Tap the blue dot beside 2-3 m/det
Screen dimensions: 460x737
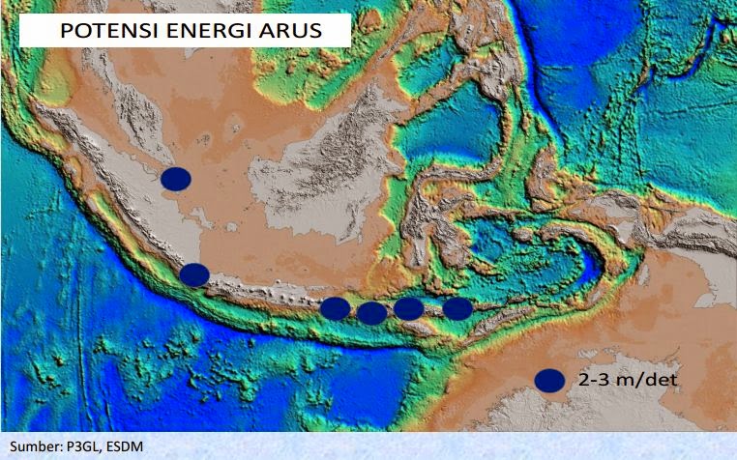click(x=549, y=381)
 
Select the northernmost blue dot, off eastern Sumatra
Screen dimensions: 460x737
click(x=176, y=178)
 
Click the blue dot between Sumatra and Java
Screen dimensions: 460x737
click(x=194, y=274)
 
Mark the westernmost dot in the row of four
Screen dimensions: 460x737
click(x=335, y=308)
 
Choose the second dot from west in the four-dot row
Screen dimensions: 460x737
click(x=371, y=311)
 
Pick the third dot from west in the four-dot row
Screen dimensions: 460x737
click(x=408, y=308)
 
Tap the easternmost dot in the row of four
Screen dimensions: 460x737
click(x=457, y=308)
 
